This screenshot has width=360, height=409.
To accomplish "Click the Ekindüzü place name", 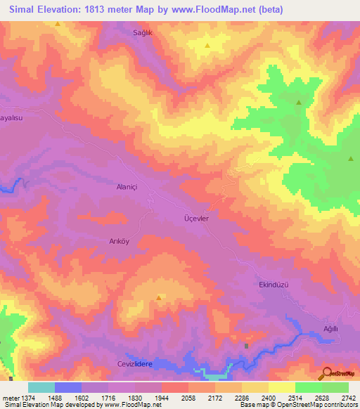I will point(270,285).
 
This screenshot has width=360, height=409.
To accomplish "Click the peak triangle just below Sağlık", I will point(207,46).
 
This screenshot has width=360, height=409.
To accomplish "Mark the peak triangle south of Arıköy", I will point(159,297).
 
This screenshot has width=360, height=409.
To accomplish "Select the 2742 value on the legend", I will point(348,398).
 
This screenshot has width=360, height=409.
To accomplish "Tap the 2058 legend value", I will point(188,398).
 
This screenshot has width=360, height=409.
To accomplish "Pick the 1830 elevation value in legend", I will point(134,398).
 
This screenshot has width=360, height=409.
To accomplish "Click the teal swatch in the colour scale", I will point(41,387).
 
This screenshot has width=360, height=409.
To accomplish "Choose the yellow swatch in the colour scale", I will point(282,387).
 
